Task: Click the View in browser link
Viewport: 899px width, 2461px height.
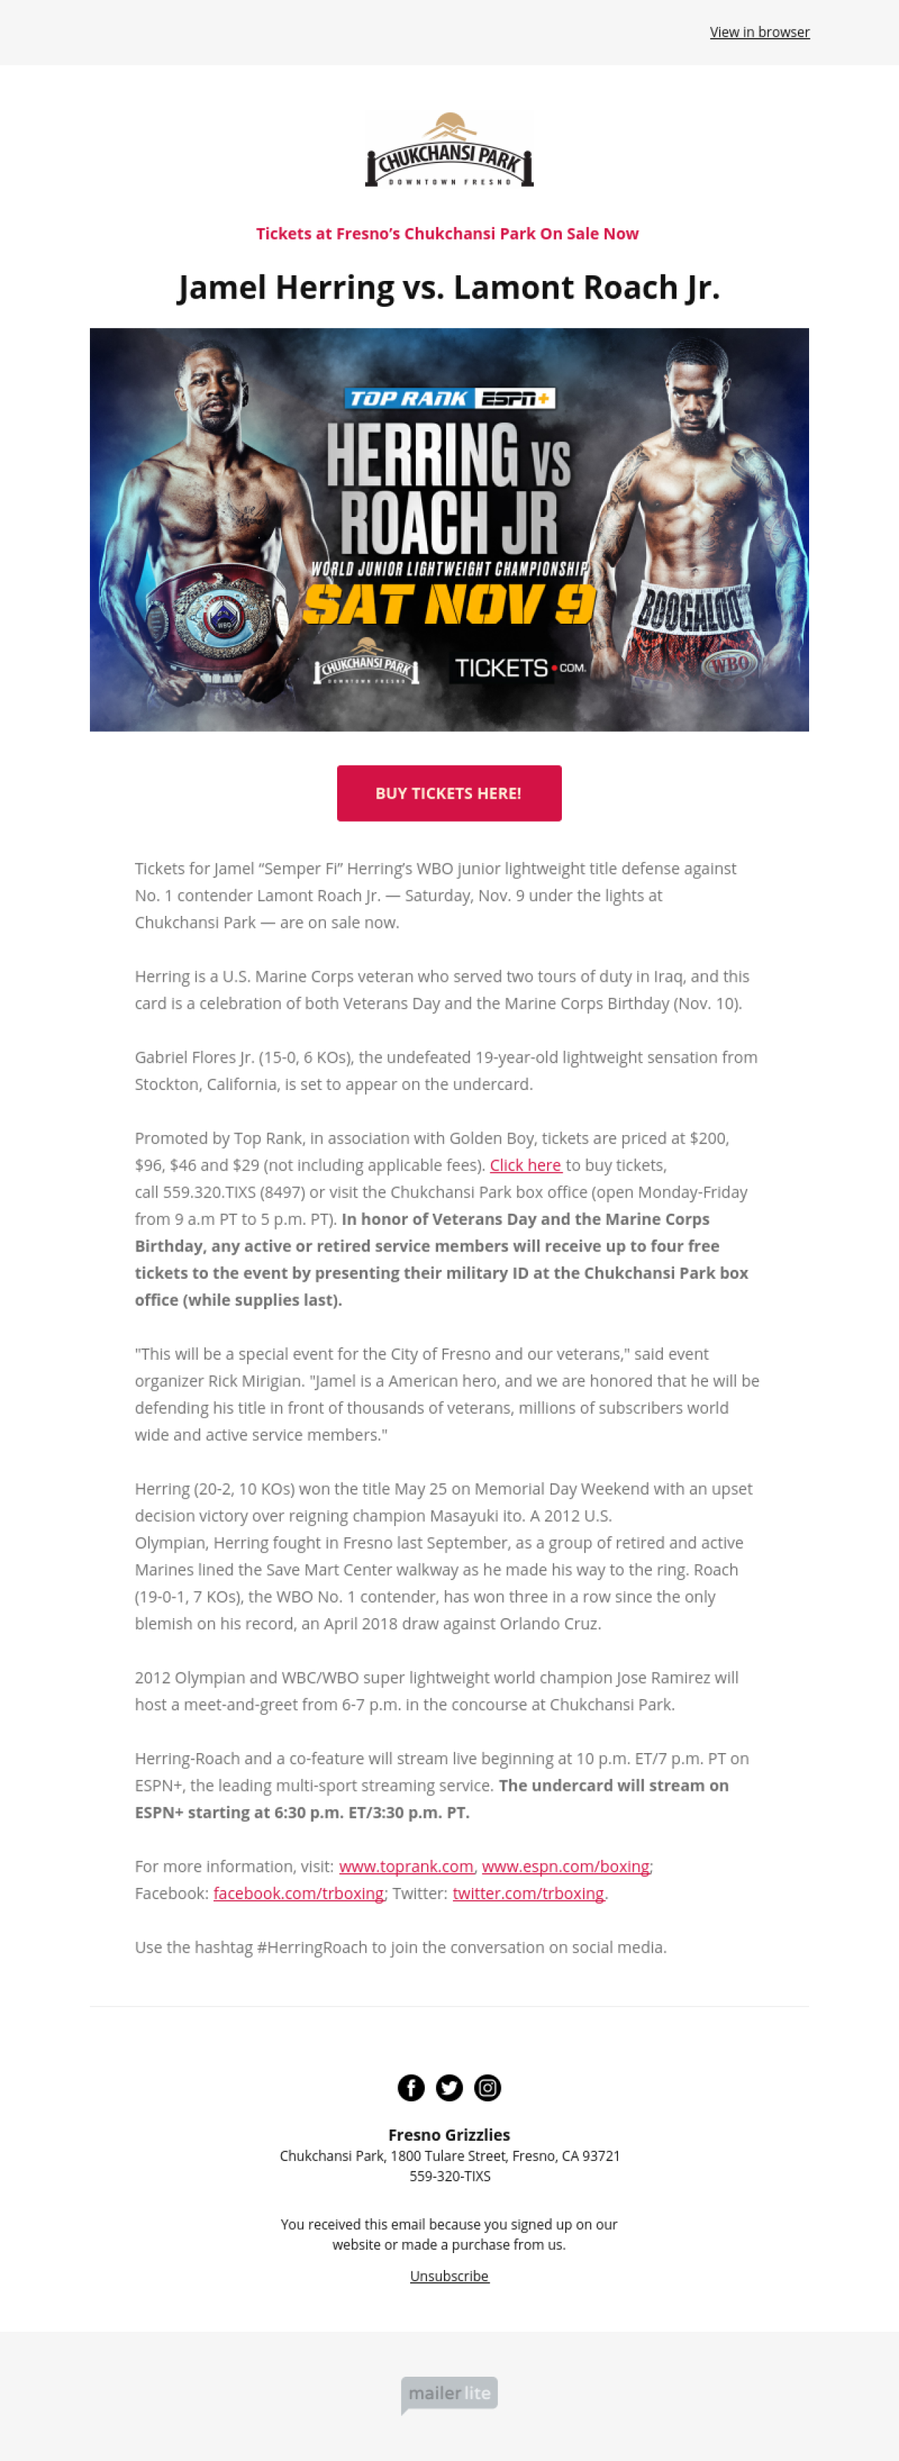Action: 759,32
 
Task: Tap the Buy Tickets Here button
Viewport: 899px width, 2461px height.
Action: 449,793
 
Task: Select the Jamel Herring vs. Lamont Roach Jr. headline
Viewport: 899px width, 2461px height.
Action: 449,287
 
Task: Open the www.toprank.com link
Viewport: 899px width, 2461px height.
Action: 406,1867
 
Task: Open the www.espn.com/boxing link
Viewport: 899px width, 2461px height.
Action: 565,1867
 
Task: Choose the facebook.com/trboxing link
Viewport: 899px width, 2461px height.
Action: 298,1894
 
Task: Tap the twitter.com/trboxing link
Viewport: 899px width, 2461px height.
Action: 528,1894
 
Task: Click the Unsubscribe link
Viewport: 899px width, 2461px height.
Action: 449,2276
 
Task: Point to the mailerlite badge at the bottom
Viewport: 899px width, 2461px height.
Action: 449,2393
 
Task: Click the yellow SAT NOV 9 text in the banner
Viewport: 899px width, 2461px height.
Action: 449,604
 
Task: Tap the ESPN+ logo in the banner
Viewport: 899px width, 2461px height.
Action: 516,398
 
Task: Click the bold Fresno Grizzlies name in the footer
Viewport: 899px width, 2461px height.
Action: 449,2135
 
